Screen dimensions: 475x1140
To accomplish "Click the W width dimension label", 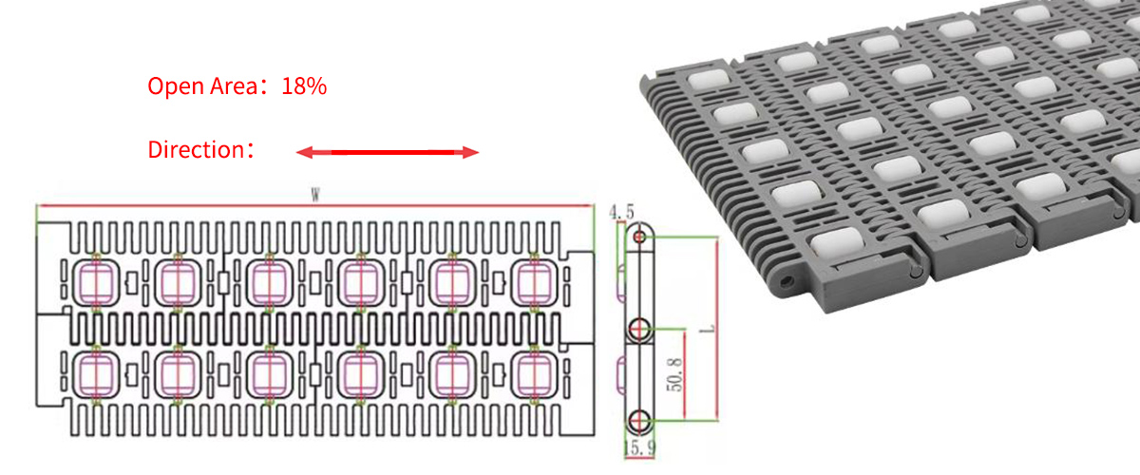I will (314, 195).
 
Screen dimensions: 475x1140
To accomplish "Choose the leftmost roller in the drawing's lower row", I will (96, 372).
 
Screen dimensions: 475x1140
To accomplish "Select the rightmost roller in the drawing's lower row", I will (531, 372).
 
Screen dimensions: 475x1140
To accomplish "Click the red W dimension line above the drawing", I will (190, 206).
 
